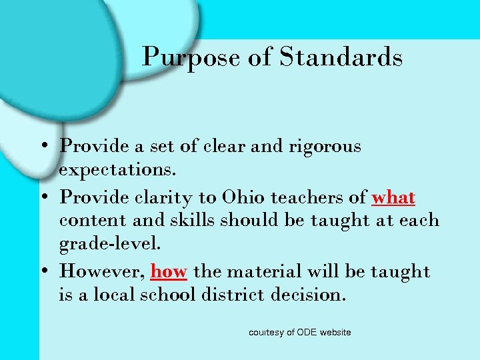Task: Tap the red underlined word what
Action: tap(393, 198)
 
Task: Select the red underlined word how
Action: tap(169, 271)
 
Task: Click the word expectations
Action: tap(118, 170)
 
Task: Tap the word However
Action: tap(101, 271)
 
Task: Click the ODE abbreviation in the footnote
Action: tap(308, 332)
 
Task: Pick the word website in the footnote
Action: tap(336, 332)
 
